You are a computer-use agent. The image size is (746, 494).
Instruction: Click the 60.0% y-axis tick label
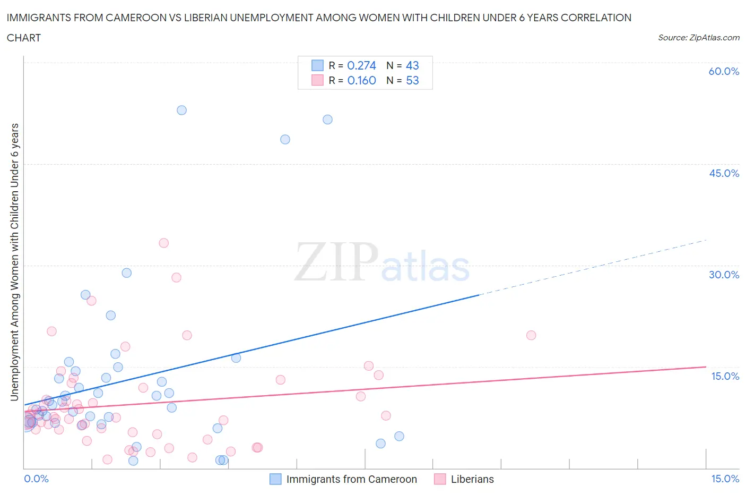(x=724, y=71)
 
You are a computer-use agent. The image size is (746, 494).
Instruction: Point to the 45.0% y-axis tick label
(x=724, y=173)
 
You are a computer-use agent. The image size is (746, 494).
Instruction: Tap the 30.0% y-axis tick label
(x=724, y=275)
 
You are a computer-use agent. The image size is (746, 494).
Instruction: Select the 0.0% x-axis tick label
(x=36, y=479)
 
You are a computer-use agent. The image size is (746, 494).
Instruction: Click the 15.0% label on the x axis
(x=725, y=479)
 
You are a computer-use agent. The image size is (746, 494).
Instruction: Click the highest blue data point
(x=181, y=110)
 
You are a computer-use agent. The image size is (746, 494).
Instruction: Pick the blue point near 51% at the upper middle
(x=327, y=120)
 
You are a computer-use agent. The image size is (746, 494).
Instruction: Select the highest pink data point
(x=163, y=243)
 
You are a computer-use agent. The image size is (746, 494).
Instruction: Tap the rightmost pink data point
(x=531, y=335)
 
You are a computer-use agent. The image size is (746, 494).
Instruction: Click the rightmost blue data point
(x=399, y=436)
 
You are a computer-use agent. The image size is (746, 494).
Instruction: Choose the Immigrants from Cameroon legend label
(x=351, y=479)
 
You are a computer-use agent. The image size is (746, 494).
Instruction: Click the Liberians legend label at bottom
(x=472, y=479)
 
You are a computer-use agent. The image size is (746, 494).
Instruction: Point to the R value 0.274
(x=361, y=65)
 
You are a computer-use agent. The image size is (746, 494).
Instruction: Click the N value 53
(x=412, y=80)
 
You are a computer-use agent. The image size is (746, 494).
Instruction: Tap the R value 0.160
(x=361, y=80)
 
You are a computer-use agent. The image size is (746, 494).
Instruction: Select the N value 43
(x=412, y=65)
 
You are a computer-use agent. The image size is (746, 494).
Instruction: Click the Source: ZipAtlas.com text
(x=698, y=37)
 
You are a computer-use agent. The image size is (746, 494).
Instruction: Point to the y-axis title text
(x=14, y=262)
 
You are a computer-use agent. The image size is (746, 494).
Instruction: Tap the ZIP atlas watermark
(x=382, y=262)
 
